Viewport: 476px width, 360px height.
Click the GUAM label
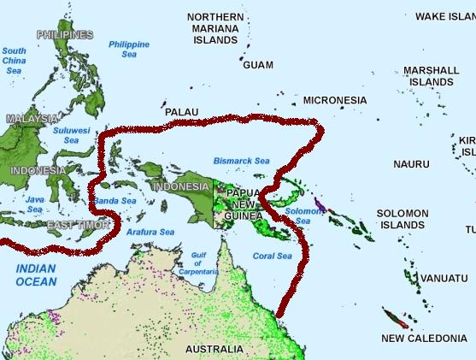pyautogui.click(x=258, y=65)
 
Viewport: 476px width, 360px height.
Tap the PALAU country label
pyautogui.click(x=181, y=112)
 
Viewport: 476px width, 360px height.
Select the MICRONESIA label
pyautogui.click(x=334, y=100)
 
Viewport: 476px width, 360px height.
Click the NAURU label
pyautogui.click(x=411, y=163)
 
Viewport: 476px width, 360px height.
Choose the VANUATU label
pyautogui.click(x=444, y=279)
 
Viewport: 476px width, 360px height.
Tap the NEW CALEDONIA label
pyautogui.click(x=424, y=339)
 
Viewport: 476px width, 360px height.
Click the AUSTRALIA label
pyautogui.click(x=214, y=349)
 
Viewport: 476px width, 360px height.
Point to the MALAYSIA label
pyautogui.click(x=32, y=119)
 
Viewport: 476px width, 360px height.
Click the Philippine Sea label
pyautogui.click(x=129, y=49)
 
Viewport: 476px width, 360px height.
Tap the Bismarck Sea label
pyautogui.click(x=241, y=160)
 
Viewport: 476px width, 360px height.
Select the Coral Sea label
pyautogui.click(x=273, y=256)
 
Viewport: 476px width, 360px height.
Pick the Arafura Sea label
pyautogui.click(x=150, y=232)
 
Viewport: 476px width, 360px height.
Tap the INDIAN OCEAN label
pyautogui.click(x=35, y=274)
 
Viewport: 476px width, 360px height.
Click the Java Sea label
pyautogui.click(x=35, y=204)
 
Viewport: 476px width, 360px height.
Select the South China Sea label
pyautogui.click(x=15, y=61)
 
